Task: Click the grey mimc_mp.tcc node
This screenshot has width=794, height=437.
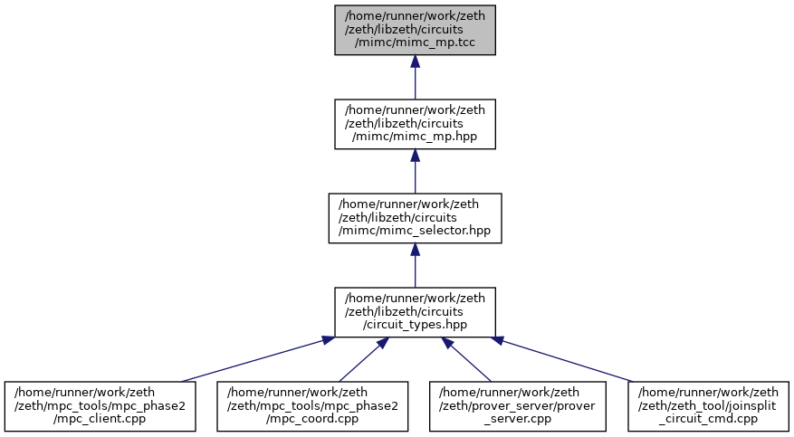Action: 415,30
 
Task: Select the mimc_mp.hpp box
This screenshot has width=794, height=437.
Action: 415,124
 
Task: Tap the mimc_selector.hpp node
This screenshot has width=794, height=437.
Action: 415,218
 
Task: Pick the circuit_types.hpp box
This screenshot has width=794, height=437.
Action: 415,312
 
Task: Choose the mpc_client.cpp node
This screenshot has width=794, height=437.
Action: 100,406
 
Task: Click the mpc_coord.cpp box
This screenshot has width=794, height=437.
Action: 312,406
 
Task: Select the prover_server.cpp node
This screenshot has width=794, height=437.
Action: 518,406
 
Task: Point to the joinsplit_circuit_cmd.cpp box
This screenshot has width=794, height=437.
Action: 708,406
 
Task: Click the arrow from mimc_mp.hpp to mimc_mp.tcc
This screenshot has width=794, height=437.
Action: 415,77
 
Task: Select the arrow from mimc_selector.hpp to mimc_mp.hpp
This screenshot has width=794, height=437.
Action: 415,171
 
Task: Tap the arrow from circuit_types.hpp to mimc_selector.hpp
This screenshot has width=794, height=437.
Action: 415,265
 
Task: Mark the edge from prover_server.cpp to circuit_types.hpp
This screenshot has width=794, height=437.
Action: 466,359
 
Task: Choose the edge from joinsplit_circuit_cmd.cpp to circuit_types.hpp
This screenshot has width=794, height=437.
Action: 562,359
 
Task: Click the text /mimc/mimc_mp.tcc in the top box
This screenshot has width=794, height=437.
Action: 415,43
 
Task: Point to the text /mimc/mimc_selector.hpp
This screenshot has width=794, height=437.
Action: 415,231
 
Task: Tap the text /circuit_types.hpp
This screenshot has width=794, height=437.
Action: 415,325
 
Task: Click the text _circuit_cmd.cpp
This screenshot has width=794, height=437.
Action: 708,419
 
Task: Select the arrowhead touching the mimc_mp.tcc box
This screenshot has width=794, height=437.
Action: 415,61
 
